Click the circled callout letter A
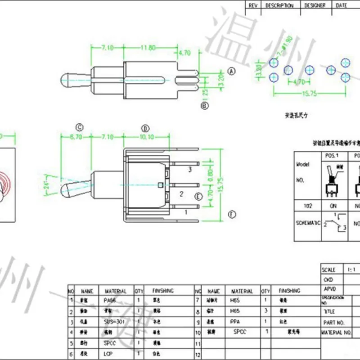tap(232, 71)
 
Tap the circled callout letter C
tap(80, 127)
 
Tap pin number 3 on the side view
tap(190, 170)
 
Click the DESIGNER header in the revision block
tap(315, 5)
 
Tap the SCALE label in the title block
tap(328, 270)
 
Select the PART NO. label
tap(333, 323)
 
